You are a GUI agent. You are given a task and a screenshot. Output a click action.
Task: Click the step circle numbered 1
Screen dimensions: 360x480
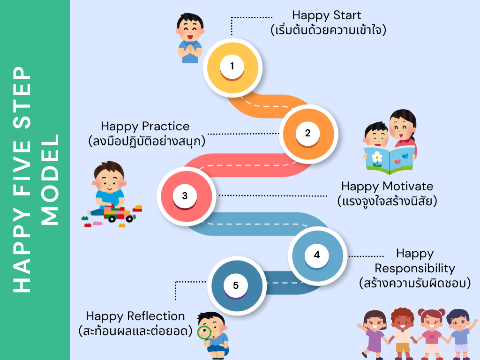click(x=232, y=66)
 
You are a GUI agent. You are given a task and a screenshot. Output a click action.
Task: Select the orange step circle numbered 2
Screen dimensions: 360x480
click(x=307, y=133)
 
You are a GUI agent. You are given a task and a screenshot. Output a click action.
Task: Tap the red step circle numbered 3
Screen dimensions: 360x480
click(x=185, y=196)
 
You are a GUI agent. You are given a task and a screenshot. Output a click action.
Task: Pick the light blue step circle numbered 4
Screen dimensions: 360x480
click(x=317, y=255)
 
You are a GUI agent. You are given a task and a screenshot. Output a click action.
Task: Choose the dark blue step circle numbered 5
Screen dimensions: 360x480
click(x=236, y=285)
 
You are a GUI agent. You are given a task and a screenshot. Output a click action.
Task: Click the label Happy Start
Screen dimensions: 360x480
click(x=327, y=15)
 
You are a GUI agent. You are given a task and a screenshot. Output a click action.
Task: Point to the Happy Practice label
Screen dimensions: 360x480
click(x=145, y=126)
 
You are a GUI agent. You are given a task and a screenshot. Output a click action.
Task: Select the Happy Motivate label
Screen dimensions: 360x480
click(x=387, y=186)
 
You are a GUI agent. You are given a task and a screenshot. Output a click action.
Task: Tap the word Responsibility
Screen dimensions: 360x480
click(x=414, y=269)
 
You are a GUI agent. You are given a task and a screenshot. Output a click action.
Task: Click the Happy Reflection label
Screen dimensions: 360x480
click(x=135, y=316)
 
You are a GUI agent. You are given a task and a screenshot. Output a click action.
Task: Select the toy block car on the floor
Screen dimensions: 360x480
click(x=117, y=215)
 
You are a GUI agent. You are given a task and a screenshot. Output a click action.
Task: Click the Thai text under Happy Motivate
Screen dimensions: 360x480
click(x=387, y=202)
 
